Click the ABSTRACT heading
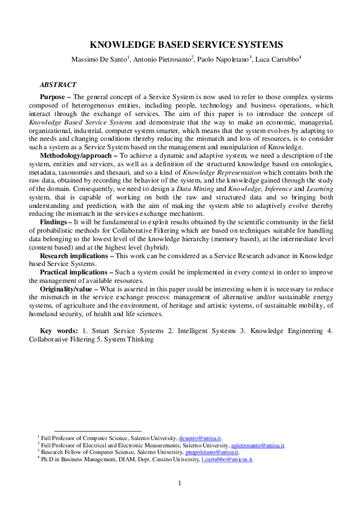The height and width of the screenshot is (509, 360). pos(58,85)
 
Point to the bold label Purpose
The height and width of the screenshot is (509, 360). pos(53,96)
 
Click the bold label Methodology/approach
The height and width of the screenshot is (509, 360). pos(74,155)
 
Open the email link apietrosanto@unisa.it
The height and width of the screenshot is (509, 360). pos(258,445)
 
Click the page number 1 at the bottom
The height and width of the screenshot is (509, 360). pos(180,482)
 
